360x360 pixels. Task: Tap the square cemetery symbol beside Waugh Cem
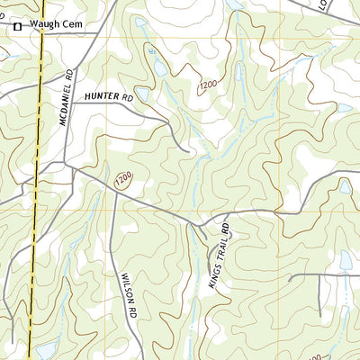(17, 28)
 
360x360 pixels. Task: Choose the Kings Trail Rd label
(220, 256)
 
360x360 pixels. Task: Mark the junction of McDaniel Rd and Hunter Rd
(71, 103)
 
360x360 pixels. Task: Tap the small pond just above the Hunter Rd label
(159, 68)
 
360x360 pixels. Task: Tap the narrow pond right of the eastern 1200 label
(236, 90)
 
